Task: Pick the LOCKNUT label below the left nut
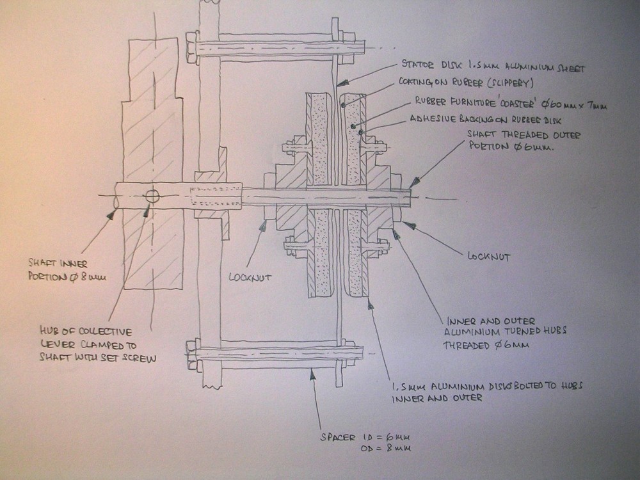coord(250,278)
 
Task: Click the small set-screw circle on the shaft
coord(152,196)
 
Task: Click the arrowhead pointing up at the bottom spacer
coord(313,375)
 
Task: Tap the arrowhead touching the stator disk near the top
coord(340,83)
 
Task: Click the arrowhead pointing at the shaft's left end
coord(113,216)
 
